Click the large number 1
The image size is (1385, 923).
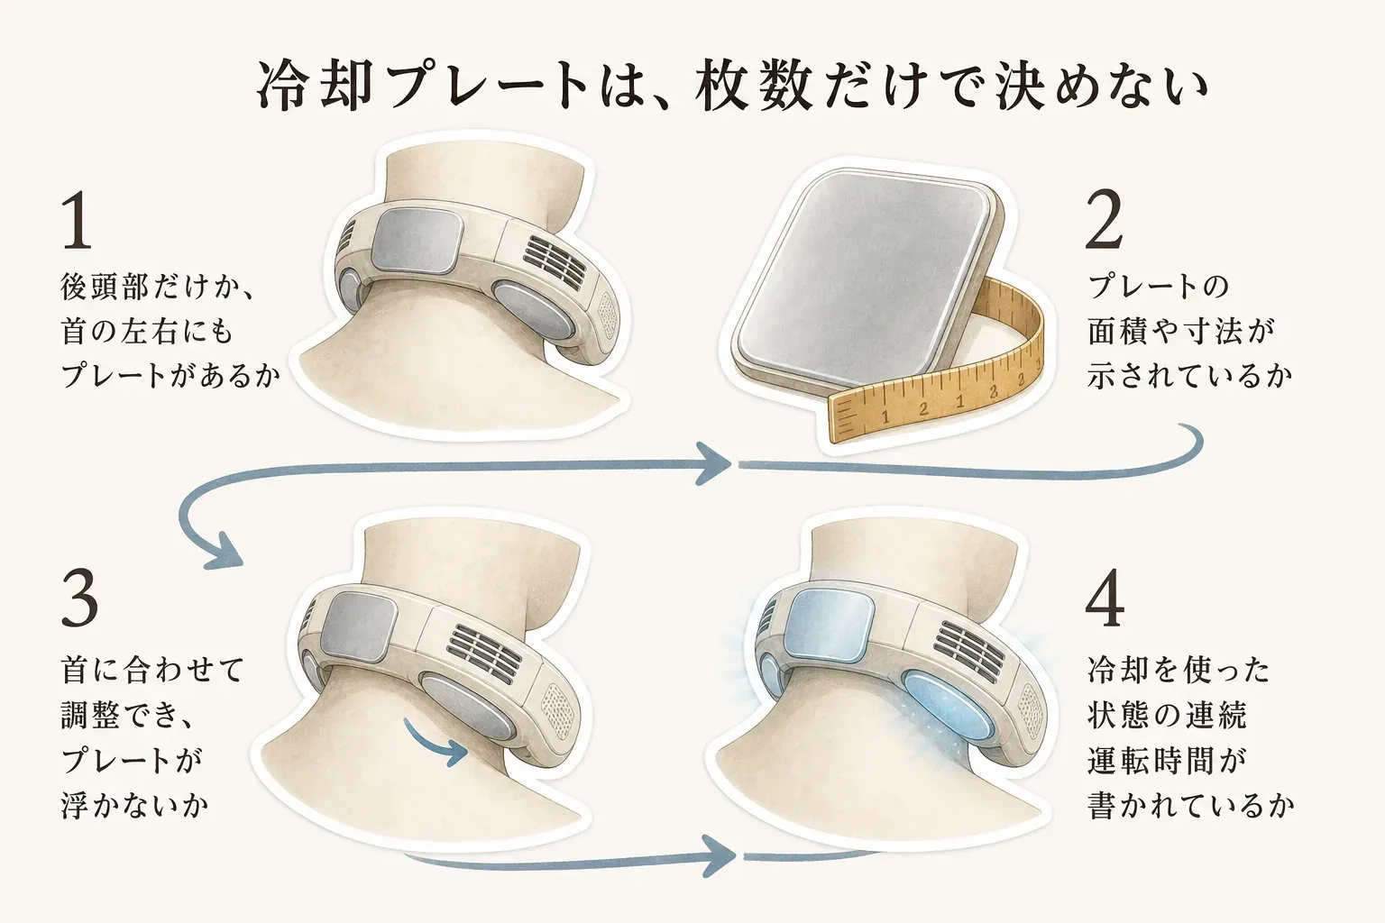(x=78, y=220)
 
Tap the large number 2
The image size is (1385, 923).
(x=1105, y=220)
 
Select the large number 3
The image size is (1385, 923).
(x=80, y=598)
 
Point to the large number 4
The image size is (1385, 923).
(x=1105, y=598)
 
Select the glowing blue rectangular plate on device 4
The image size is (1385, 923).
(x=830, y=624)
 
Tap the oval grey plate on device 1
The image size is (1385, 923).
(x=534, y=310)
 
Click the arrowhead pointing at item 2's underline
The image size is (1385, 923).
(x=714, y=463)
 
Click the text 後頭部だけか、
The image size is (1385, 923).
(x=157, y=287)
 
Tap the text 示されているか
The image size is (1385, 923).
(x=1190, y=375)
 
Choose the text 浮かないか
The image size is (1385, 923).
(x=134, y=806)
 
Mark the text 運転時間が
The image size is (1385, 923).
(x=1166, y=761)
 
